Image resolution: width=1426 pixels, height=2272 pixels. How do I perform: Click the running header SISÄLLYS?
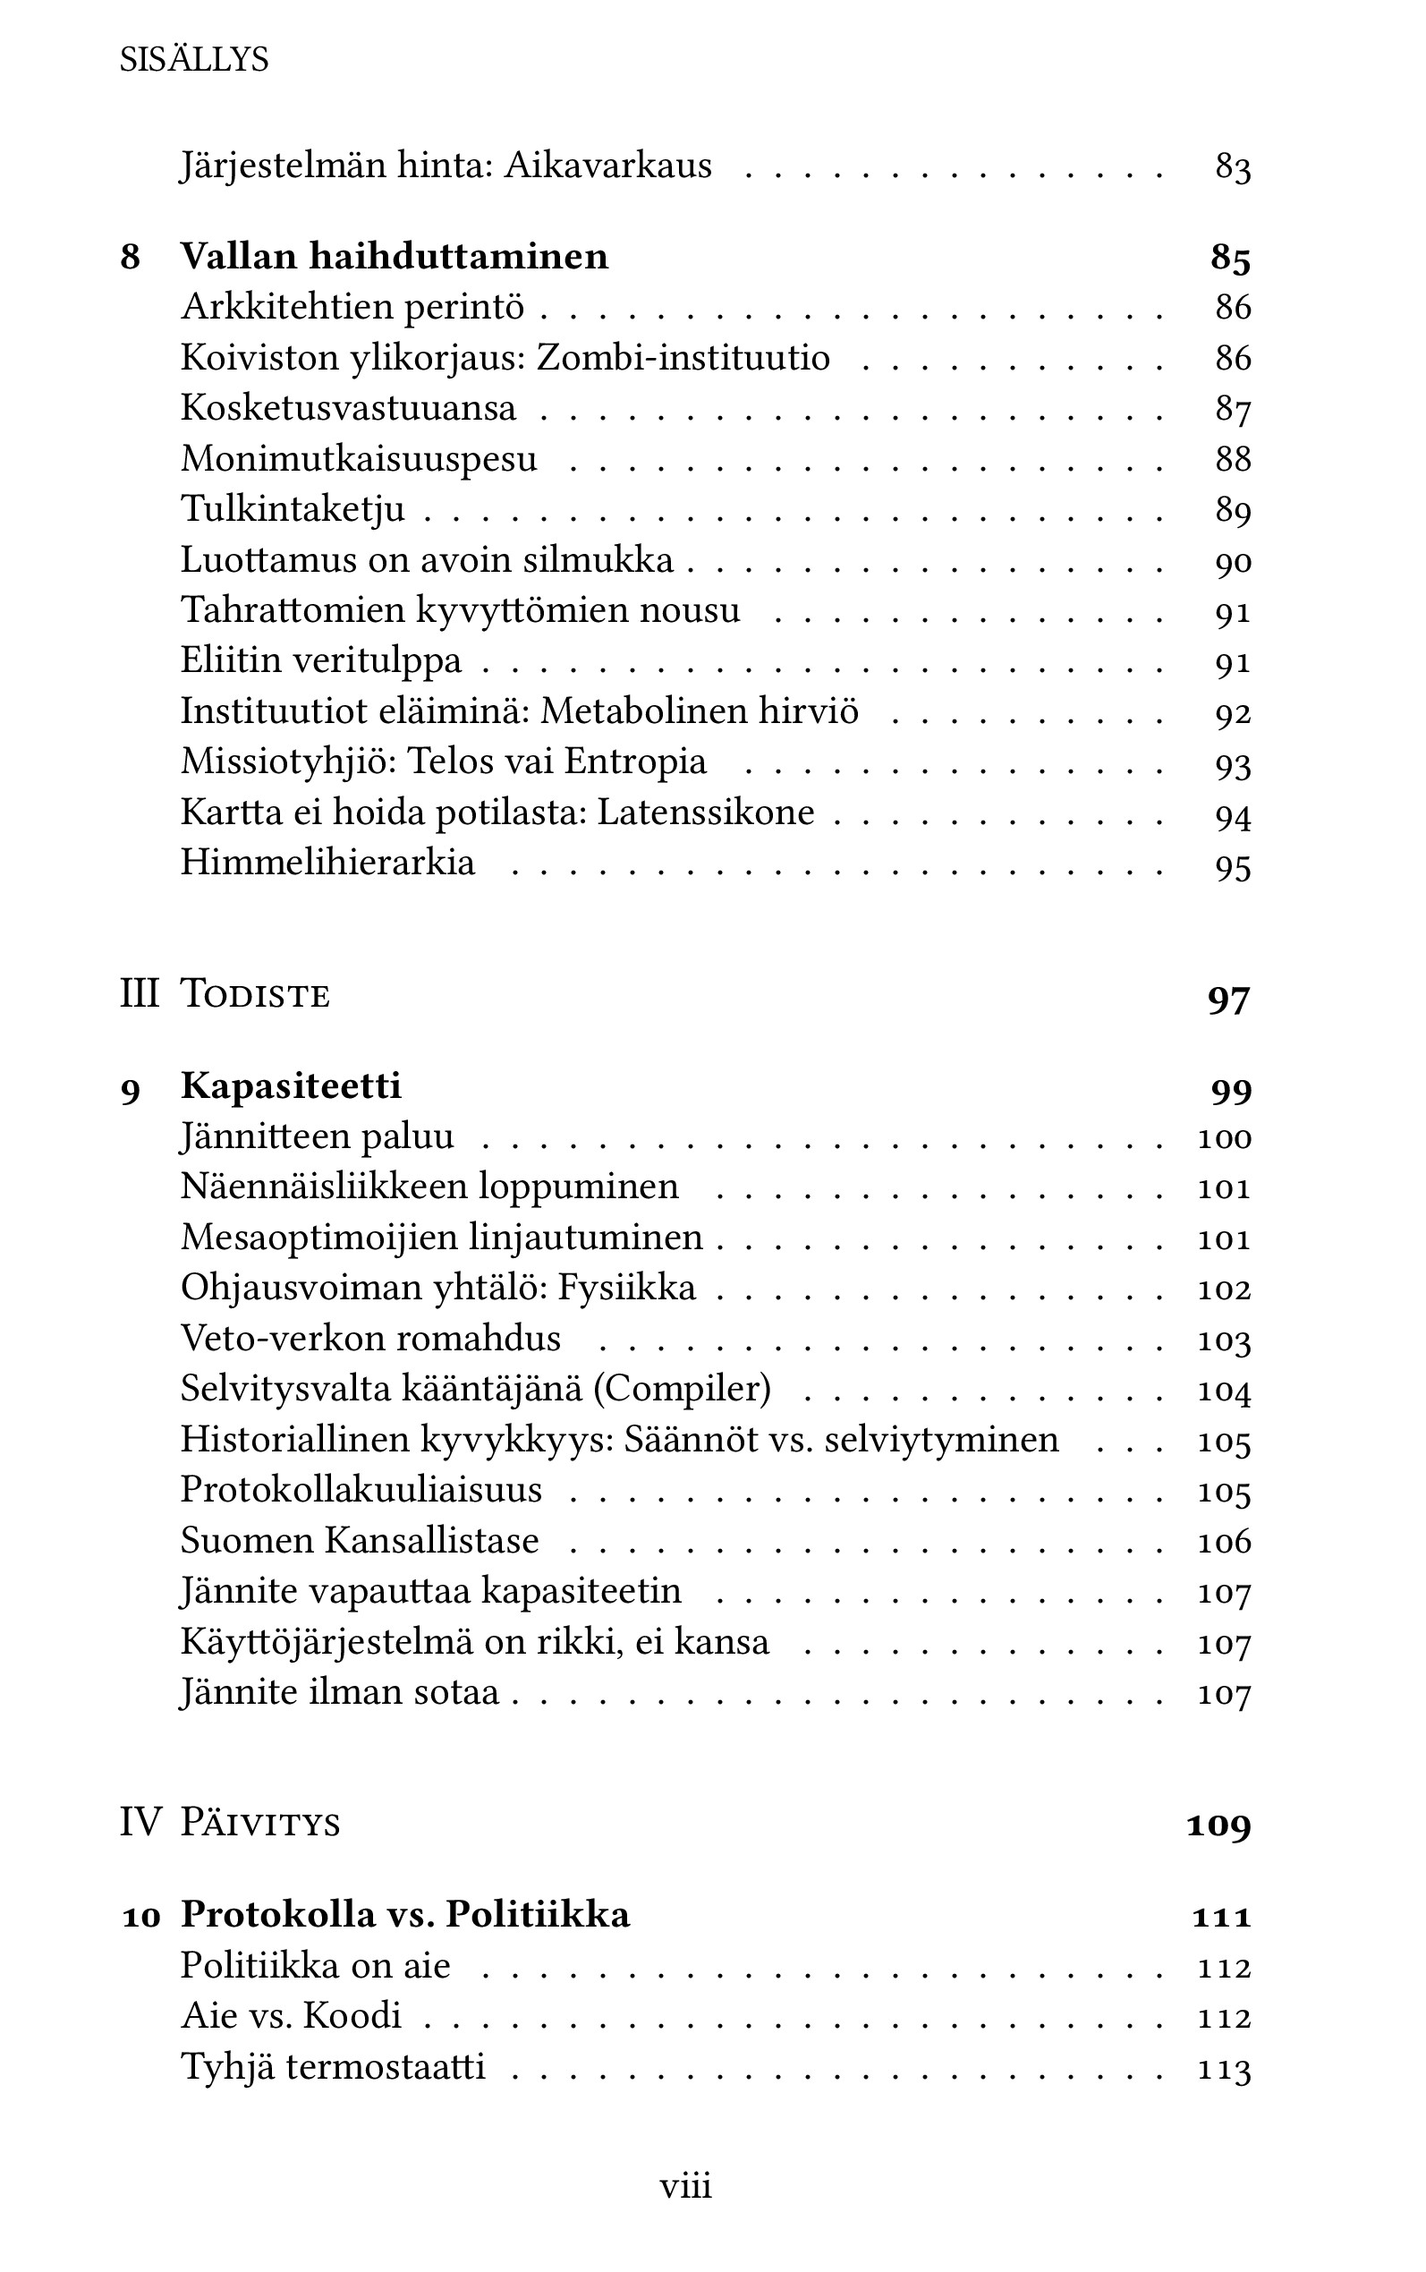(x=194, y=60)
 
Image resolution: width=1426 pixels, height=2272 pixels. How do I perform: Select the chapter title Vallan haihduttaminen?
(x=395, y=256)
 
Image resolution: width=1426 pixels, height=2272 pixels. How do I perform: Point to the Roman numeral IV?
(x=140, y=1821)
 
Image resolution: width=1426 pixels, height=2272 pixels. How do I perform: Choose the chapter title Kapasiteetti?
(x=291, y=1085)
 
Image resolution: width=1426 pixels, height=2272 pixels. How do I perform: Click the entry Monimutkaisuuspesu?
(x=359, y=458)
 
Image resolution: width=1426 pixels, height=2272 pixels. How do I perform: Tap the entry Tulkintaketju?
(x=293, y=509)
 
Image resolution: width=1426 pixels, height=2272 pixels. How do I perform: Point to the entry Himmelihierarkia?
(x=327, y=863)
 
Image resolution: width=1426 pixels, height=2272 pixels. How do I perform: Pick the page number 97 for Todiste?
(x=1228, y=998)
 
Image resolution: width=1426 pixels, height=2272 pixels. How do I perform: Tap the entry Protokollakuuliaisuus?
(x=361, y=1489)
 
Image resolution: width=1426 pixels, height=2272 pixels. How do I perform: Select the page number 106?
(x=1223, y=1541)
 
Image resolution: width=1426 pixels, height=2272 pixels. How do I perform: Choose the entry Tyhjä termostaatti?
(x=333, y=2066)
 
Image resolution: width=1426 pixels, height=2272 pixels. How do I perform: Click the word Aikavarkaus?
(x=608, y=166)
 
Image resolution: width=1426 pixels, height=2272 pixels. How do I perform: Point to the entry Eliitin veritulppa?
(x=320, y=660)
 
